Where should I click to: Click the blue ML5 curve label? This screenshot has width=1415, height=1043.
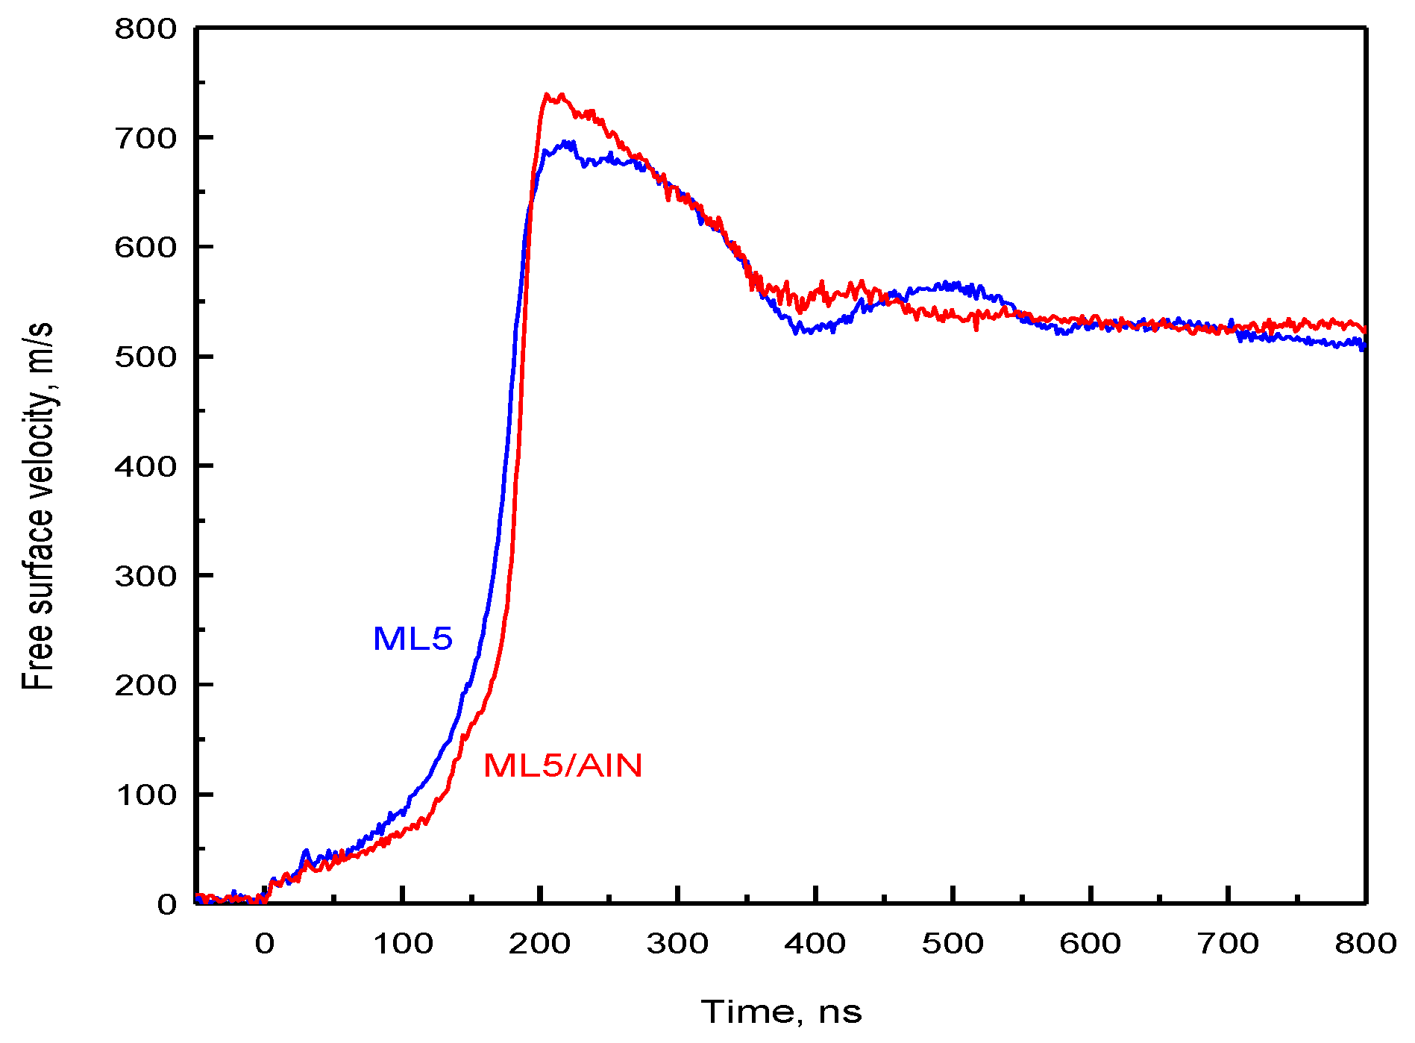tap(412, 639)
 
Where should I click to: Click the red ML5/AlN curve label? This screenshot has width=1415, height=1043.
tap(562, 765)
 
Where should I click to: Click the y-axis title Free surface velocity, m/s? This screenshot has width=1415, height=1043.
tap(37, 506)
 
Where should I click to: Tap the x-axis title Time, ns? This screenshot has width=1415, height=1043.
tap(781, 1012)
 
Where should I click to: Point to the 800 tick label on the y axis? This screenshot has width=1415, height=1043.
tap(145, 29)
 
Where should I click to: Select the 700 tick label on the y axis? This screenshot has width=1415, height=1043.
tap(145, 138)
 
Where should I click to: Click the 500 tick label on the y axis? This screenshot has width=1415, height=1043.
tap(145, 357)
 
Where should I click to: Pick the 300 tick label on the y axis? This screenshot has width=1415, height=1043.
tap(145, 576)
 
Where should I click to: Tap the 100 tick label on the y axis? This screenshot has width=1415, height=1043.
tap(145, 795)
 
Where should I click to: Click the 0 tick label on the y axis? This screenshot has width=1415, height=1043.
tap(167, 904)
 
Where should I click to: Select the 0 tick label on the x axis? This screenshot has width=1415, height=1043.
tap(265, 944)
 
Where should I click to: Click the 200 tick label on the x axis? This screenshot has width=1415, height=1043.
tap(540, 944)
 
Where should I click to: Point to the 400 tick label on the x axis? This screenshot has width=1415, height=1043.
tap(815, 944)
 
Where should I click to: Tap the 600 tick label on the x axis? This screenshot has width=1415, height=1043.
tap(1091, 944)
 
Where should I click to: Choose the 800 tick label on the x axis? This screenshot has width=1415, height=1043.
tap(1365, 944)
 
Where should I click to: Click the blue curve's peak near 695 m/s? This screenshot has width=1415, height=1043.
tap(568, 142)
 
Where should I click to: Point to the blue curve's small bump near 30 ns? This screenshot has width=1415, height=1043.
tap(305, 852)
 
